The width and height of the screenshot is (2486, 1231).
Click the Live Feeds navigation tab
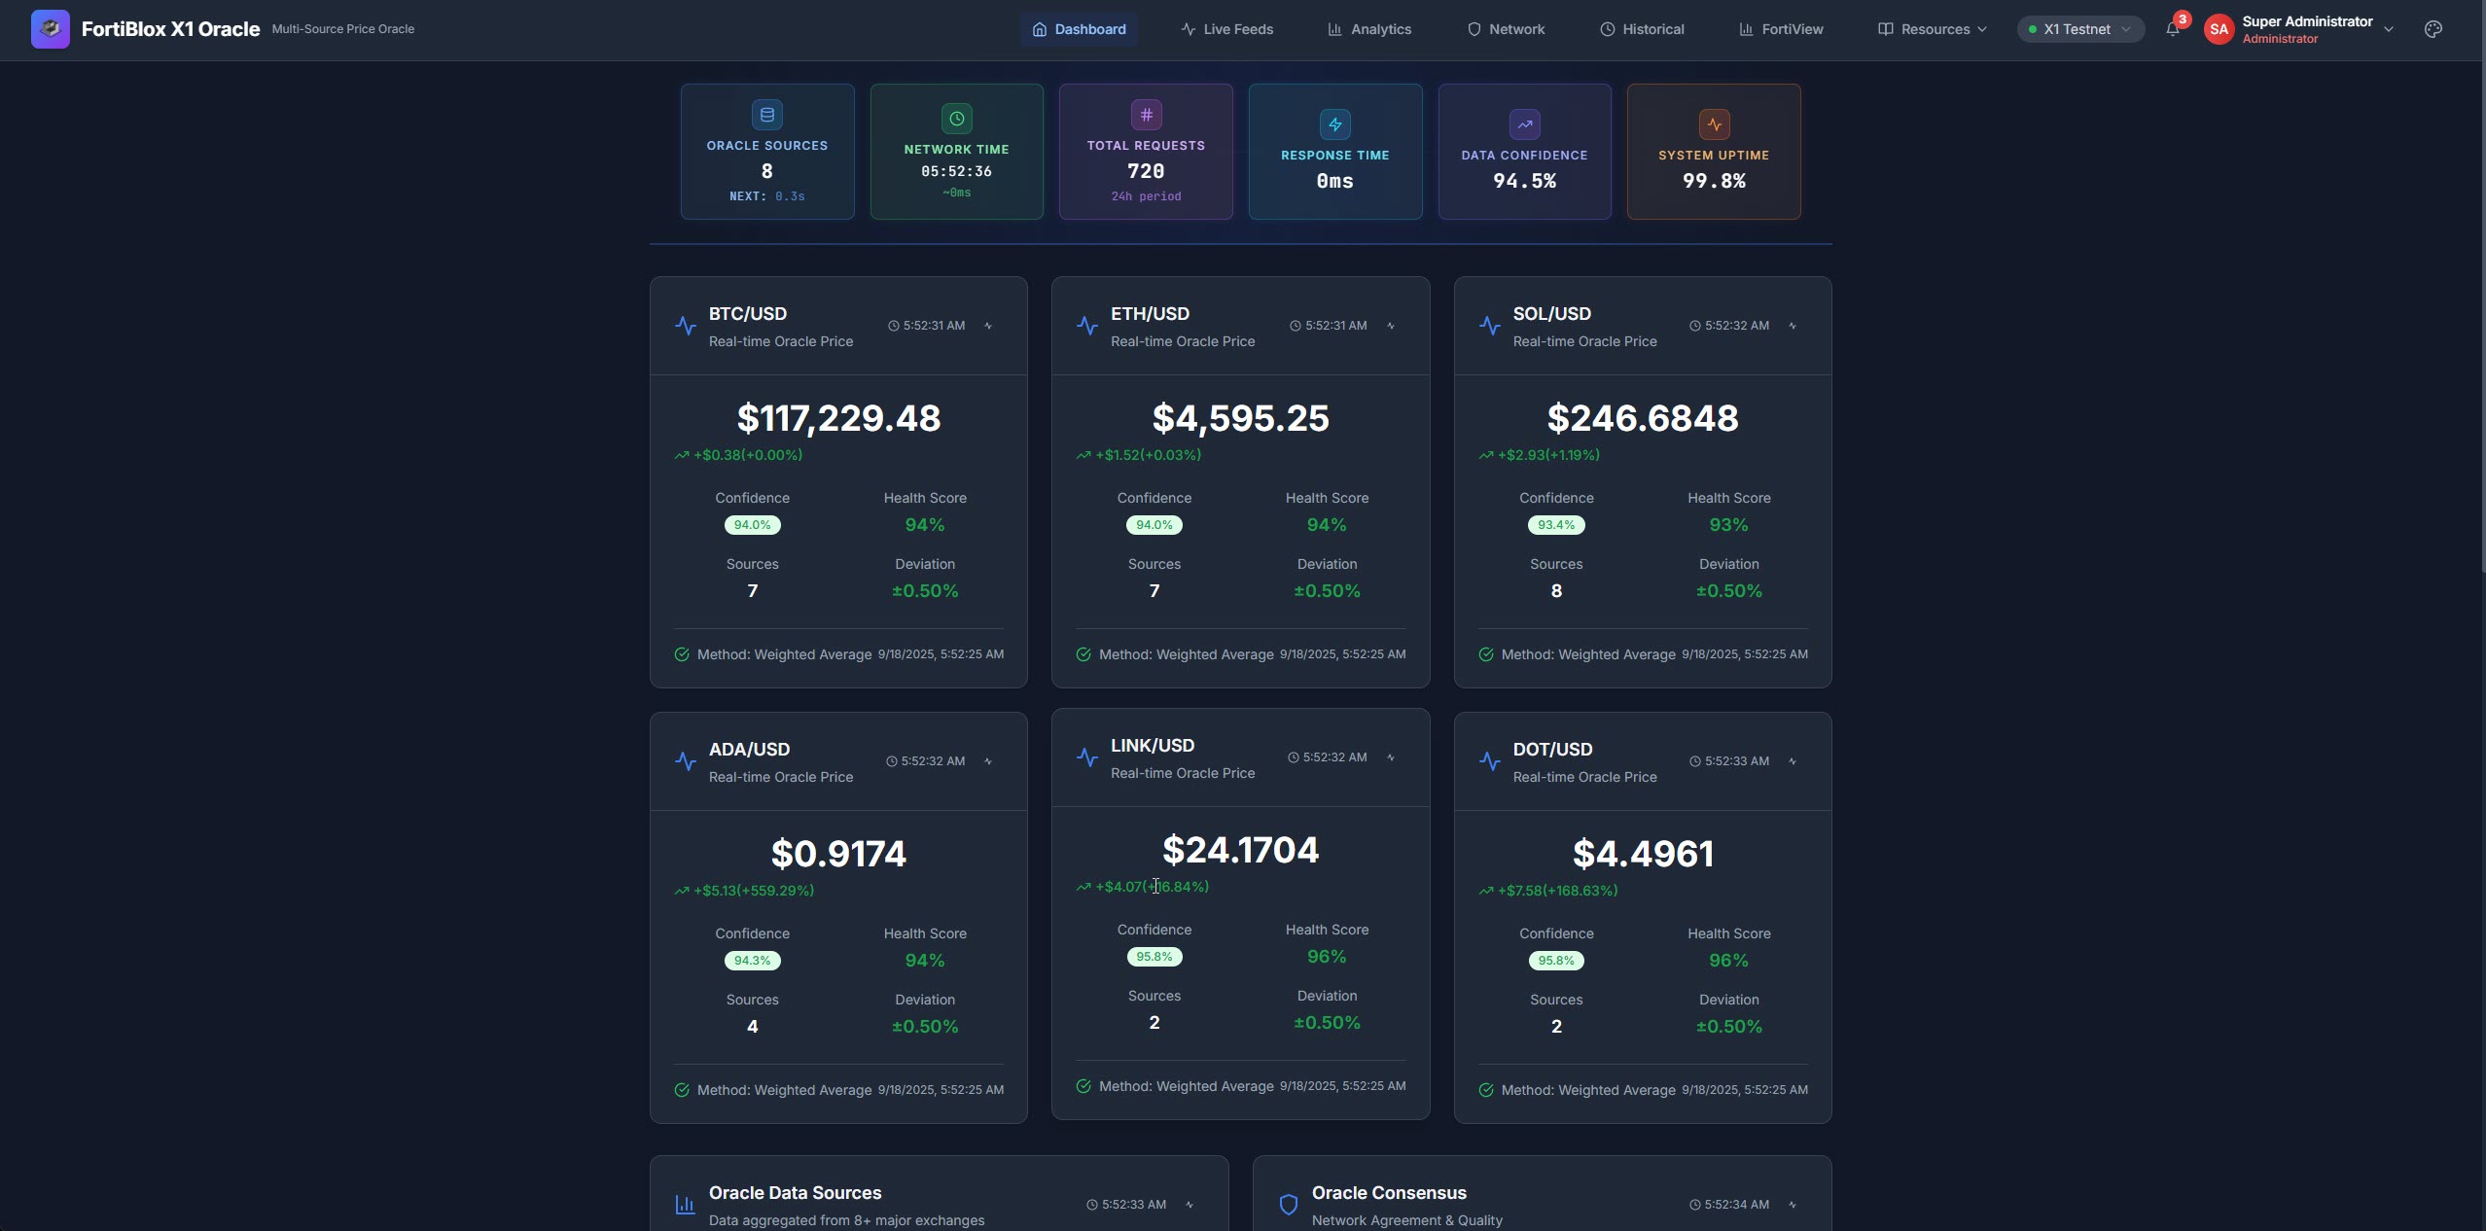[x=1227, y=29]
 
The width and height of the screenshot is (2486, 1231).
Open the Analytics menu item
[x=1369, y=29]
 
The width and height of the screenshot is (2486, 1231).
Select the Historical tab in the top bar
[x=1642, y=29]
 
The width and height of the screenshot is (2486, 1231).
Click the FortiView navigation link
[x=1781, y=29]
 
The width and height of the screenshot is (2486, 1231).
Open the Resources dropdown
[x=1932, y=29]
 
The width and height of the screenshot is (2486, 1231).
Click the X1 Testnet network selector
[x=2080, y=29]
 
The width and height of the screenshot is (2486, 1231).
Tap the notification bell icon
[x=2172, y=29]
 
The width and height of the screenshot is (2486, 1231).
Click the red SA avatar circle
[x=2219, y=29]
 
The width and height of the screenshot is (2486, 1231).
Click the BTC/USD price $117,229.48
[x=838, y=418]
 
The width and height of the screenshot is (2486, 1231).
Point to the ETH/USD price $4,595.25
[x=1240, y=418]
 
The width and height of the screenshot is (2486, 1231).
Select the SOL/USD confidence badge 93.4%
[x=1556, y=525]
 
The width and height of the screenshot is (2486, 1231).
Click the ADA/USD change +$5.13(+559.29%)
[x=753, y=891]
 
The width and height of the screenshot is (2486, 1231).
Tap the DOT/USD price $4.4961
[x=1643, y=854]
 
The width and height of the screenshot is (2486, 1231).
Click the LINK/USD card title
[x=1153, y=746]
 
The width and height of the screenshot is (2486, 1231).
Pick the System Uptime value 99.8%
[x=1714, y=181]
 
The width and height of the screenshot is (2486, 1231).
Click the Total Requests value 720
[x=1146, y=171]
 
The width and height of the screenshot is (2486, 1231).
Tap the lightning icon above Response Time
[x=1335, y=124]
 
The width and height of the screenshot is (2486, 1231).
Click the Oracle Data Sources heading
[x=795, y=1193]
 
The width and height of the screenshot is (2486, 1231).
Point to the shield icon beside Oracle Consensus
[x=1289, y=1205]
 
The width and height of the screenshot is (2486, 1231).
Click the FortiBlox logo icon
[x=51, y=29]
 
